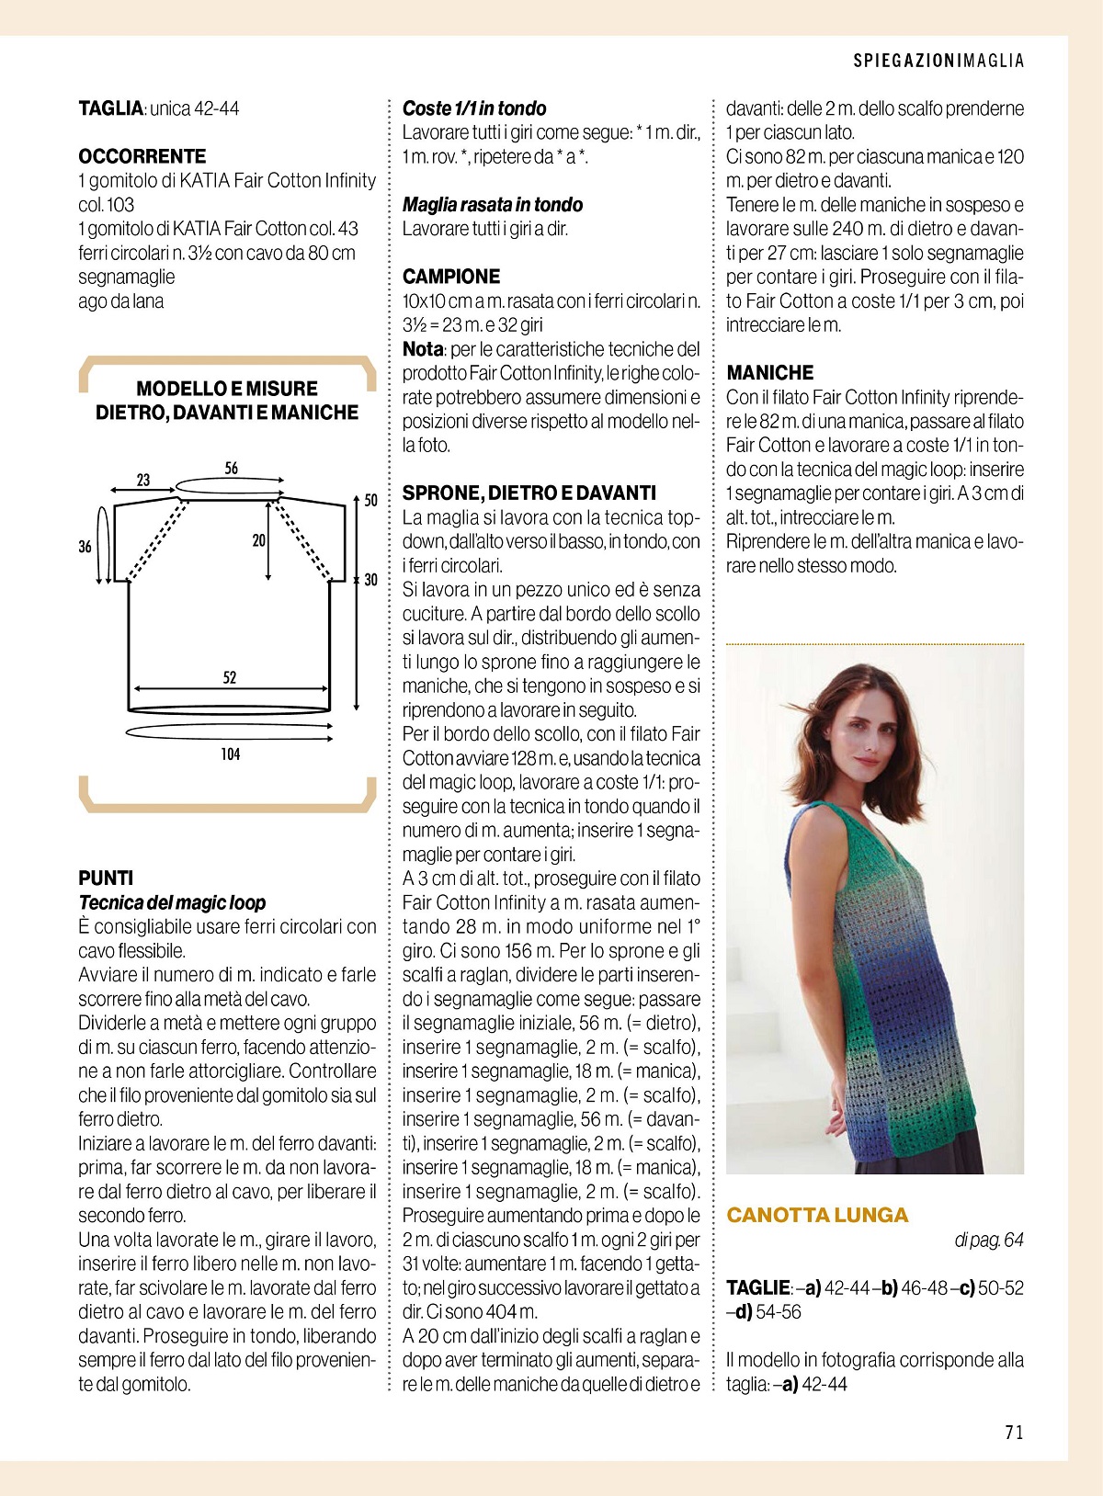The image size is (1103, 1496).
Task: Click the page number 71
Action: tap(1014, 1432)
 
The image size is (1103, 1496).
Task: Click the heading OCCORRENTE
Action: tap(142, 156)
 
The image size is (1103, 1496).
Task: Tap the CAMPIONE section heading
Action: tap(451, 277)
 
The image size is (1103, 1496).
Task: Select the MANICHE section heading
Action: tap(769, 372)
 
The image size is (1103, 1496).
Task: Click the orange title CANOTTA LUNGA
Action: tap(816, 1215)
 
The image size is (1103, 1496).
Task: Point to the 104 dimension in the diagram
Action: tap(230, 754)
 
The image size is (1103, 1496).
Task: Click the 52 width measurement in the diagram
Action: tap(230, 678)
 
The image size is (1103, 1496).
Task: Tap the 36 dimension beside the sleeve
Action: tap(85, 547)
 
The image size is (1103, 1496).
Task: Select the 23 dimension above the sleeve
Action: tap(143, 480)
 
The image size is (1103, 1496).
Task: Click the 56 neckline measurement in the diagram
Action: tap(231, 469)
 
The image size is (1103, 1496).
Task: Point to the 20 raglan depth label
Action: tap(258, 540)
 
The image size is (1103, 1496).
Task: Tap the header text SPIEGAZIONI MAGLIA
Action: tap(938, 61)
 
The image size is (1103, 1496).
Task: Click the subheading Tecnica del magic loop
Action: tap(172, 902)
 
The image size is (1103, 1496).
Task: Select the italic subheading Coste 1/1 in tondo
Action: tap(474, 108)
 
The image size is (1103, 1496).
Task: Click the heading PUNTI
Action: tap(106, 878)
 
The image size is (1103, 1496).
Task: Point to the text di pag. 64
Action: tap(988, 1241)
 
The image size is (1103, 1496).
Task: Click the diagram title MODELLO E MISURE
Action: tap(227, 389)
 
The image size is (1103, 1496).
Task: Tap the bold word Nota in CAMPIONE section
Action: tap(423, 349)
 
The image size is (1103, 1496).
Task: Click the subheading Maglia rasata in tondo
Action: tap(493, 204)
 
